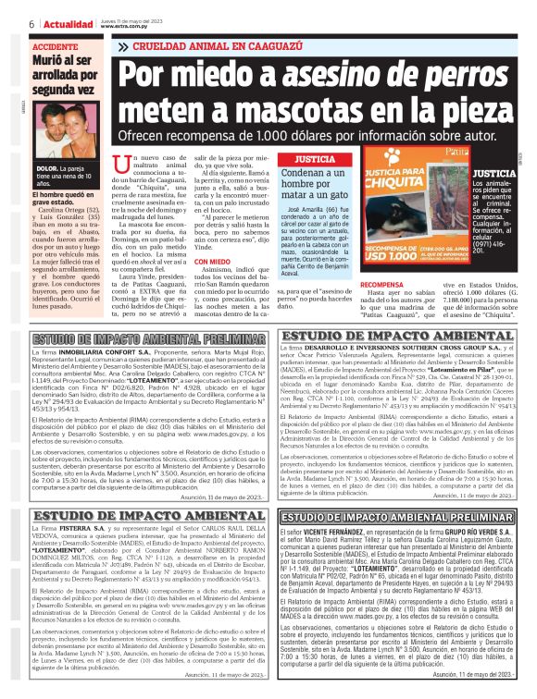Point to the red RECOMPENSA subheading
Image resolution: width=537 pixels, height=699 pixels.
coord(381,285)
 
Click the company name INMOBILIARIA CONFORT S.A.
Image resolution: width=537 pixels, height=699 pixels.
coord(104,353)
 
